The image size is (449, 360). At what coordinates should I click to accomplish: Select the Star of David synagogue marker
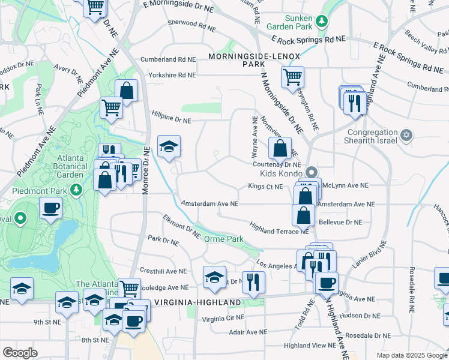tap(406, 133)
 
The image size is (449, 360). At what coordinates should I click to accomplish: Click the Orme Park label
tap(224, 239)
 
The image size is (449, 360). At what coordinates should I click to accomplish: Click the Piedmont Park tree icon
tap(76, 190)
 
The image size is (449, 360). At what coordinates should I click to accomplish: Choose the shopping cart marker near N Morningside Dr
tap(292, 76)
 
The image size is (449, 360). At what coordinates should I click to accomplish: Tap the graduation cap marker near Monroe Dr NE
tap(169, 146)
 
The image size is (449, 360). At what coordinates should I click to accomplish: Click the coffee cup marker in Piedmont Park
tap(50, 208)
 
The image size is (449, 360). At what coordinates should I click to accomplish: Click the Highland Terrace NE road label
tap(279, 230)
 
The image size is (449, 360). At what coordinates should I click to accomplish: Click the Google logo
tap(20, 353)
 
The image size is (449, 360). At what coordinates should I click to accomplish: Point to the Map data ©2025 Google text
tap(411, 355)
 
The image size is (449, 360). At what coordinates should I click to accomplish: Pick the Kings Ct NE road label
tap(265, 187)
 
